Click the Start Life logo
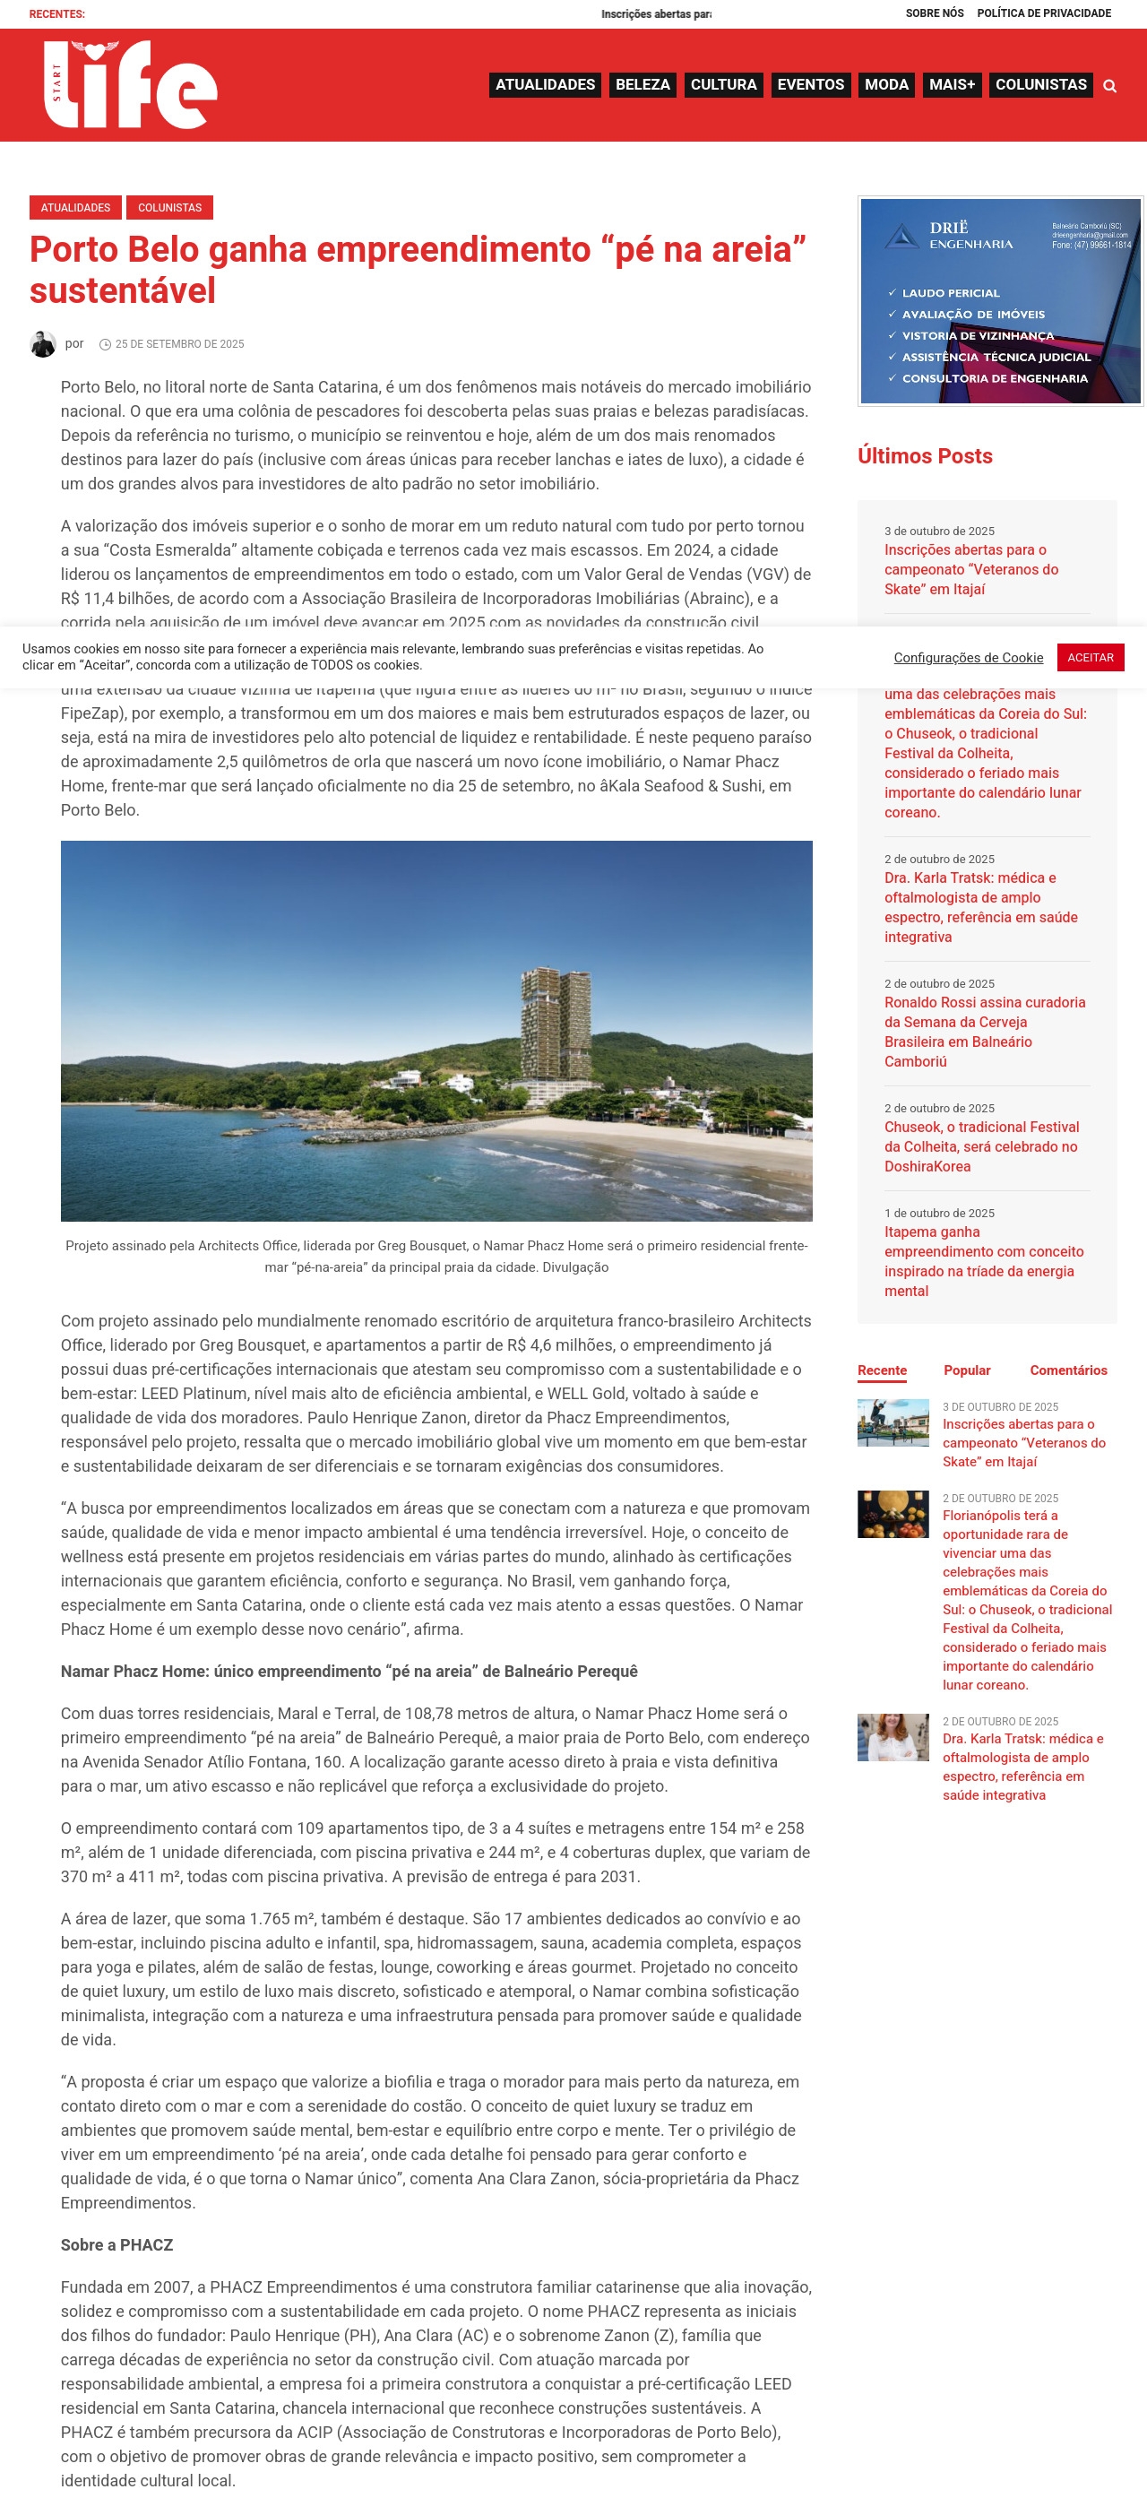[x=130, y=85]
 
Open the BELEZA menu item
[x=642, y=85]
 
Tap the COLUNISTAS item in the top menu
[x=1040, y=85]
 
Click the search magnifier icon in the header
[x=1109, y=86]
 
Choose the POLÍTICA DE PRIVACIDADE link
[x=1043, y=13]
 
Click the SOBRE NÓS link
[x=934, y=13]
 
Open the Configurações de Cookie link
[x=968, y=658]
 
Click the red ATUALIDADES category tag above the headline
[x=75, y=208]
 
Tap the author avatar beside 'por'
[x=43, y=344]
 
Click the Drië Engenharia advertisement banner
[x=1000, y=300]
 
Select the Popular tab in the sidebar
[x=967, y=1370]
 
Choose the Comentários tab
[x=1067, y=1370]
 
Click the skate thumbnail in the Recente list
[x=892, y=1422]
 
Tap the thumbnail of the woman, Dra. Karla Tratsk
[x=892, y=1737]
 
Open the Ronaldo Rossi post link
[x=983, y=1032]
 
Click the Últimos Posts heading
[x=924, y=455]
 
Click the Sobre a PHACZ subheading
[x=116, y=2245]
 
